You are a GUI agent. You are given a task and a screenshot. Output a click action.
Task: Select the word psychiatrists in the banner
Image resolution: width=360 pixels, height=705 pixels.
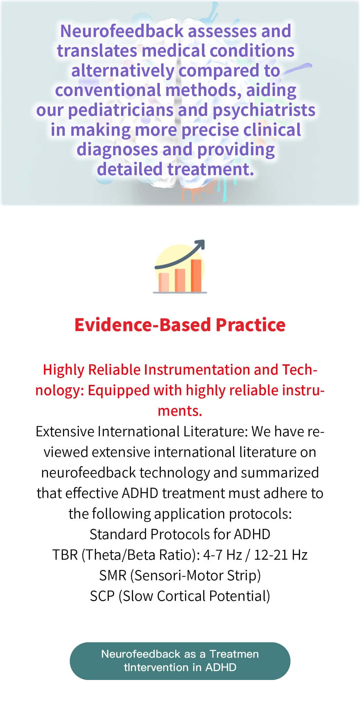coord(264,110)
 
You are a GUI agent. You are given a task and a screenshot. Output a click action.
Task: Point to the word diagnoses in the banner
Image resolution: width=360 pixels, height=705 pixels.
coord(117,150)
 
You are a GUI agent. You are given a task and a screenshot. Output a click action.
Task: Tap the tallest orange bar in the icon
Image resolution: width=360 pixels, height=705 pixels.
coord(196,276)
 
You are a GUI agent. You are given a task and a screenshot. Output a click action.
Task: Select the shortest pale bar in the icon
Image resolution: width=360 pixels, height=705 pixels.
coord(164,283)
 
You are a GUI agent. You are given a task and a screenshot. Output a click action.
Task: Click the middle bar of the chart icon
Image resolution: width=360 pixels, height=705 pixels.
coord(180,280)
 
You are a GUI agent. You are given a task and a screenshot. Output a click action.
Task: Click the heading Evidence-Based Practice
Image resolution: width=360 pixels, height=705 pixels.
coord(180,325)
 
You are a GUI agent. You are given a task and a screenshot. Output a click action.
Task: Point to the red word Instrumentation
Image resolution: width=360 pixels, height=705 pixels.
coord(197,370)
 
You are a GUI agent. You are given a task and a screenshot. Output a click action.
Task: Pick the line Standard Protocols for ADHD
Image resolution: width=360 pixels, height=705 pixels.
coord(180,534)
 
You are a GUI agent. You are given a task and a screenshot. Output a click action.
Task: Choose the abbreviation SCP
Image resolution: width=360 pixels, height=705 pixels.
coord(102,596)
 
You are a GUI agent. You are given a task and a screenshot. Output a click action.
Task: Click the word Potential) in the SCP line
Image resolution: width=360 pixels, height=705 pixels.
coord(240,596)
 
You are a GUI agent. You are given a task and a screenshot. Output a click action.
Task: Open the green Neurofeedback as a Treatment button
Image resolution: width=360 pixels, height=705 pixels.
coord(180,661)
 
